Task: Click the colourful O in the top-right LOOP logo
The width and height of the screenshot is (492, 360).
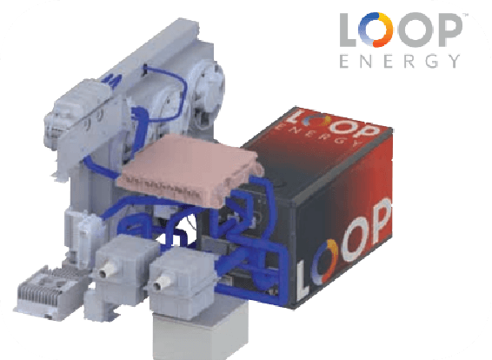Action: (376, 30)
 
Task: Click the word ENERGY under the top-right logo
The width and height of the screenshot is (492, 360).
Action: (400, 61)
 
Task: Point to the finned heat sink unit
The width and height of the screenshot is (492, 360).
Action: (50, 292)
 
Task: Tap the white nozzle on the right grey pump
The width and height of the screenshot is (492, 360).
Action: (162, 282)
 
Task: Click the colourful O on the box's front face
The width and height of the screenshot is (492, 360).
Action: (325, 261)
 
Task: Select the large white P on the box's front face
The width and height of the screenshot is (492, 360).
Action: (382, 221)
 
